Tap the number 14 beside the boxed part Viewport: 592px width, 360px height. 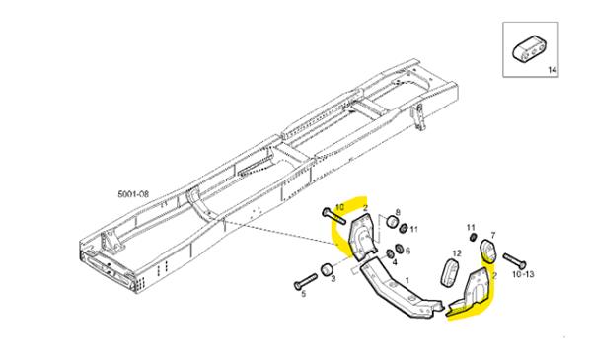point(552,70)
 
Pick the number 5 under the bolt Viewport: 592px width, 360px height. point(303,294)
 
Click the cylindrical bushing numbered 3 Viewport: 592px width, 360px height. point(325,269)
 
